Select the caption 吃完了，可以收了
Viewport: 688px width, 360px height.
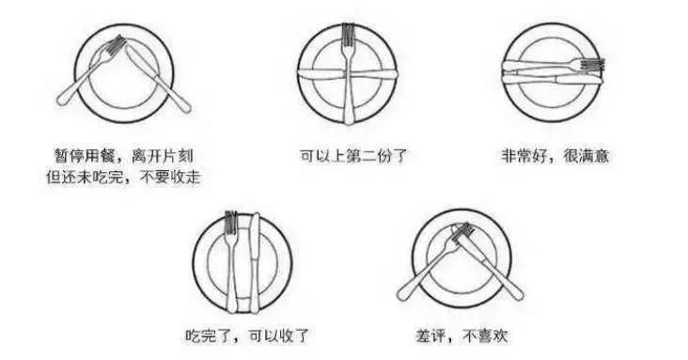coord(246,335)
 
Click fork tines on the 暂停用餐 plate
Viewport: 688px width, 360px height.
coord(117,43)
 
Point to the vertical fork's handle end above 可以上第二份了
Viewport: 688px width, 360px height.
coord(349,120)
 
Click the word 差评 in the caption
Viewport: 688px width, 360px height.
coord(427,335)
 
